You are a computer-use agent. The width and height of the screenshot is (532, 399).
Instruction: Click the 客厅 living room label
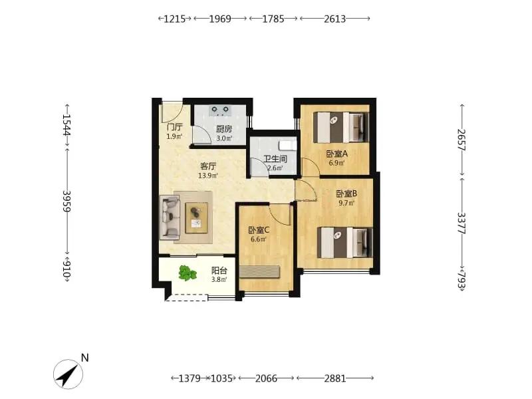pyautogui.click(x=208, y=166)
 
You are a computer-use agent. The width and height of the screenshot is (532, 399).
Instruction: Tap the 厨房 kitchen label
pyautogui.click(x=224, y=129)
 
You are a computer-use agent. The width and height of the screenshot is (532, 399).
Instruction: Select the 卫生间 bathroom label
pyautogui.click(x=275, y=159)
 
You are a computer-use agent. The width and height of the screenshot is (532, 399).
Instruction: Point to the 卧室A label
pyautogui.click(x=337, y=154)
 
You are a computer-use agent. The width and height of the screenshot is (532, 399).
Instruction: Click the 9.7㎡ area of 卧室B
pyautogui.click(x=346, y=203)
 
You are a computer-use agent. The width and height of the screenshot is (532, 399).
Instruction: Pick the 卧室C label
pyautogui.click(x=259, y=230)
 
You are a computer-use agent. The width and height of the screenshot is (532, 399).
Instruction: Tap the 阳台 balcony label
pyautogui.click(x=219, y=271)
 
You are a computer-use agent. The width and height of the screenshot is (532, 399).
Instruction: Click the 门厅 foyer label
pyautogui.click(x=175, y=127)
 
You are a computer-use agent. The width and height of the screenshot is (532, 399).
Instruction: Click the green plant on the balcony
pyautogui.click(x=188, y=273)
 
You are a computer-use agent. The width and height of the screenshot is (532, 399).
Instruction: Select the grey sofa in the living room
pyautogui.click(x=170, y=217)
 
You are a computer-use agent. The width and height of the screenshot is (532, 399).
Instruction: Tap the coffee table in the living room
pyautogui.click(x=196, y=218)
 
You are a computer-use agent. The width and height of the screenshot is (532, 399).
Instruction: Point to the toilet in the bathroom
pyautogui.click(x=287, y=145)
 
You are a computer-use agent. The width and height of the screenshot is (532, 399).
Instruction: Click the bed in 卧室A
pyautogui.click(x=340, y=127)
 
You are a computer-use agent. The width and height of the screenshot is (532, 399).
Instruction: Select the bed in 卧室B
pyautogui.click(x=344, y=243)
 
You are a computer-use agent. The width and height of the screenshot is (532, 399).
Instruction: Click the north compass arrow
pyautogui.click(x=68, y=374)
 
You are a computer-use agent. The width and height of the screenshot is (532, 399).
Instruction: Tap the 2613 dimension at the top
pyautogui.click(x=335, y=19)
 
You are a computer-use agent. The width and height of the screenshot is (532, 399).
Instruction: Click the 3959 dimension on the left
pyautogui.click(x=67, y=201)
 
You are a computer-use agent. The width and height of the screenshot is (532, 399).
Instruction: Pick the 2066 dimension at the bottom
pyautogui.click(x=267, y=378)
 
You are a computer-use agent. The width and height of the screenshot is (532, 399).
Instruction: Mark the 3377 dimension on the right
pyautogui.click(x=462, y=223)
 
